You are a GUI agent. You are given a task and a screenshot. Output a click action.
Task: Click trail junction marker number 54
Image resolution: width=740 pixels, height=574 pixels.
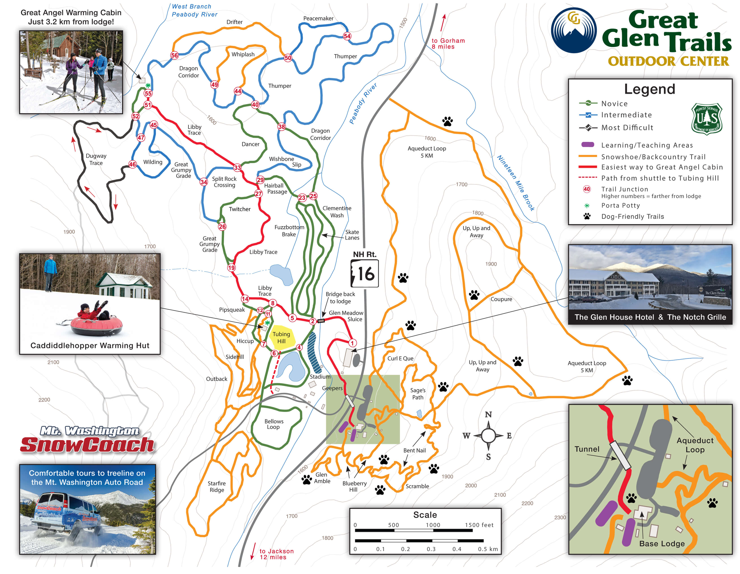(347, 36)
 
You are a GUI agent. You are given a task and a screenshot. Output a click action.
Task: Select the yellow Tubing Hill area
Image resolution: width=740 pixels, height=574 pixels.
(282, 337)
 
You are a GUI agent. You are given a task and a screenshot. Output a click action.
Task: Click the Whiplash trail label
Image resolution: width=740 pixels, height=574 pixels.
(243, 54)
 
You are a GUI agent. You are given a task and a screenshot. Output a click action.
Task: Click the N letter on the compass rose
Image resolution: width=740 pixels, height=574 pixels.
(488, 414)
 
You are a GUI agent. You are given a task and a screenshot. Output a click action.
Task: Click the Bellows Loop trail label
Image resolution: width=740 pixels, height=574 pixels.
(274, 424)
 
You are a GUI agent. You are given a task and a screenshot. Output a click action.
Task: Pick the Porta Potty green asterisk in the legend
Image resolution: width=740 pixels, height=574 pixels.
(587, 206)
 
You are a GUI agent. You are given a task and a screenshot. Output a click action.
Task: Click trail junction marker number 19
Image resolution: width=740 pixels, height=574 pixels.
(231, 267)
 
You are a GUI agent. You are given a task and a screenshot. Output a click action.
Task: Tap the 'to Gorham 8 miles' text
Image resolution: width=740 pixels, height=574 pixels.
(448, 43)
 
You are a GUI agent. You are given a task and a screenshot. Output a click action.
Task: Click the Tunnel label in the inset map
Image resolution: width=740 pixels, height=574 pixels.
(587, 449)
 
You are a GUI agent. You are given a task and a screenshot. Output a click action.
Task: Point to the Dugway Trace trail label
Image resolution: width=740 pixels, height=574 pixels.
(96, 159)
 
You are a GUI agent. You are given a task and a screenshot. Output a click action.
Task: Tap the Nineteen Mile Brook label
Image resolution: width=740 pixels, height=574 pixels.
(516, 183)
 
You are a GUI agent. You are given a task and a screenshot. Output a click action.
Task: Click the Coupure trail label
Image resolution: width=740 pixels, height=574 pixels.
(501, 299)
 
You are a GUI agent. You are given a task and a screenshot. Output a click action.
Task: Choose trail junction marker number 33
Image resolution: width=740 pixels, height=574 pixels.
(237, 167)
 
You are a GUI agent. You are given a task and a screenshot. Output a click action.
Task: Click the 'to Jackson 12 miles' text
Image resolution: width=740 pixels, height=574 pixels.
(276, 554)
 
